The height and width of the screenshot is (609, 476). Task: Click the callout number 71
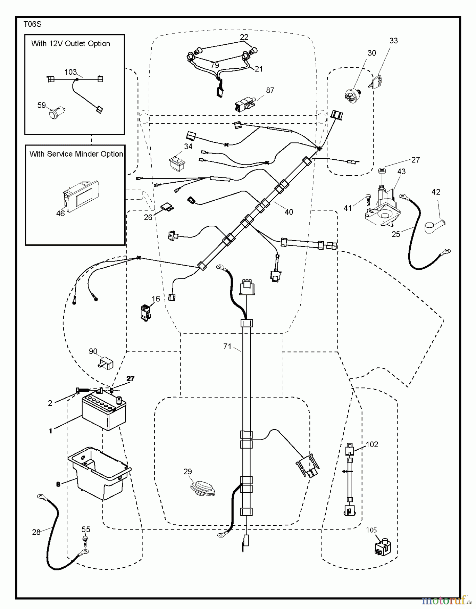coord(227,346)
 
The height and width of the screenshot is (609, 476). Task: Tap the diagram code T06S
coord(33,24)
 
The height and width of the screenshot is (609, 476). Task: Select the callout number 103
coord(71,72)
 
